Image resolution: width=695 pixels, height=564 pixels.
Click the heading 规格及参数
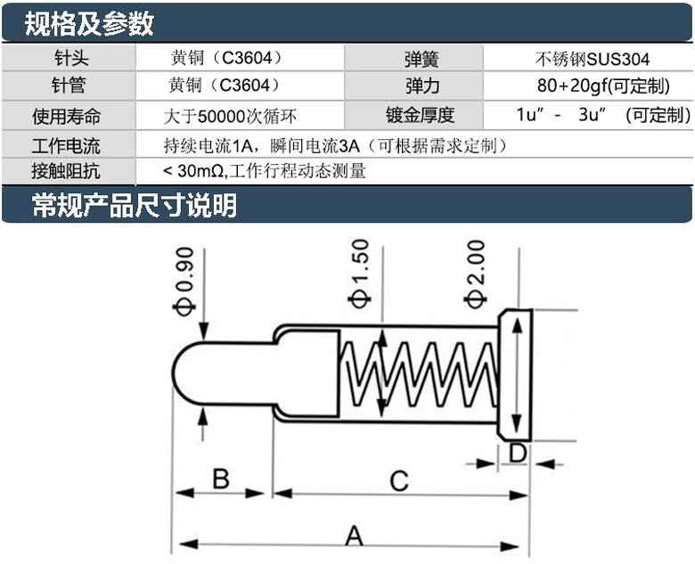tap(89, 23)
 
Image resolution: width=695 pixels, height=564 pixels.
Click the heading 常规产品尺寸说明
tap(134, 206)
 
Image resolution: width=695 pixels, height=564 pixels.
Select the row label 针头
tap(68, 60)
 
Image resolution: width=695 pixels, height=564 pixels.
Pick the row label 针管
tap(68, 86)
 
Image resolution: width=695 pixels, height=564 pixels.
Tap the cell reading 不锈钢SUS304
tap(592, 60)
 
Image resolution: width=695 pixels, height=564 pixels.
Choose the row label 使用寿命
tap(67, 115)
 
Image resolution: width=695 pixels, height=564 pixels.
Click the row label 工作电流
tap(67, 145)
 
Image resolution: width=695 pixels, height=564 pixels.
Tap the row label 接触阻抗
tap(67, 170)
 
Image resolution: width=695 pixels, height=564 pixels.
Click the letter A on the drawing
tap(354, 536)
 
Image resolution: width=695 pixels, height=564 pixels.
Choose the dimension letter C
tap(398, 481)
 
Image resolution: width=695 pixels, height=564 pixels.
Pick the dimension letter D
tap(517, 454)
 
